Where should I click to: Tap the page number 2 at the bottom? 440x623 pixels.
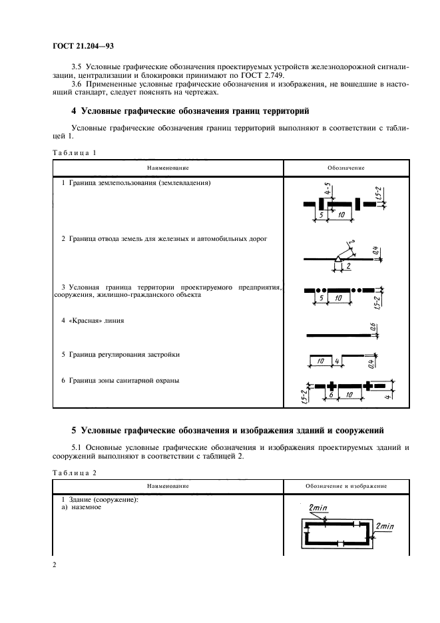click(54, 565)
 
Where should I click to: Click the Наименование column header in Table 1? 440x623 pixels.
click(168, 168)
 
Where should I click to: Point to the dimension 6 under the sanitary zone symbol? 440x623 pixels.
click(330, 395)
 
